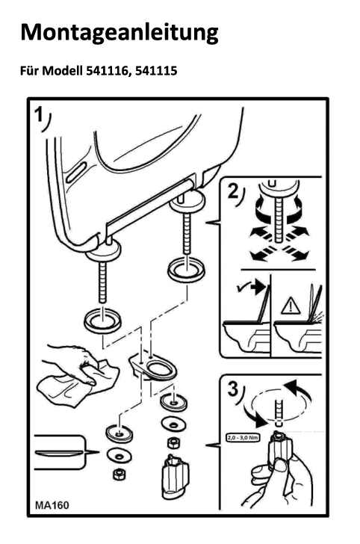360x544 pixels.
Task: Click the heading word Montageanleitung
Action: pyautogui.click(x=120, y=33)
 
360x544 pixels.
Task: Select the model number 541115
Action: pyautogui.click(x=156, y=71)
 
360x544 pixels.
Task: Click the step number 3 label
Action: pyautogui.click(x=233, y=389)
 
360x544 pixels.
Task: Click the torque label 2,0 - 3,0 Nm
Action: pyautogui.click(x=243, y=437)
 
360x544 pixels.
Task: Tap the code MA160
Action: pyautogui.click(x=52, y=505)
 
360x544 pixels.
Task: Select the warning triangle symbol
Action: pyautogui.click(x=291, y=306)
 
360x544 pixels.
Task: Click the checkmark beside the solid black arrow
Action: pyautogui.click(x=242, y=288)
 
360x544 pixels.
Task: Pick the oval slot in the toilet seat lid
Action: pyautogui.click(x=76, y=173)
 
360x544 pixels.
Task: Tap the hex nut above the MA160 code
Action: pyautogui.click(x=119, y=474)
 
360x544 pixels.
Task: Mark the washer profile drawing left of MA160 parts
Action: pyautogui.click(x=60, y=452)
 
